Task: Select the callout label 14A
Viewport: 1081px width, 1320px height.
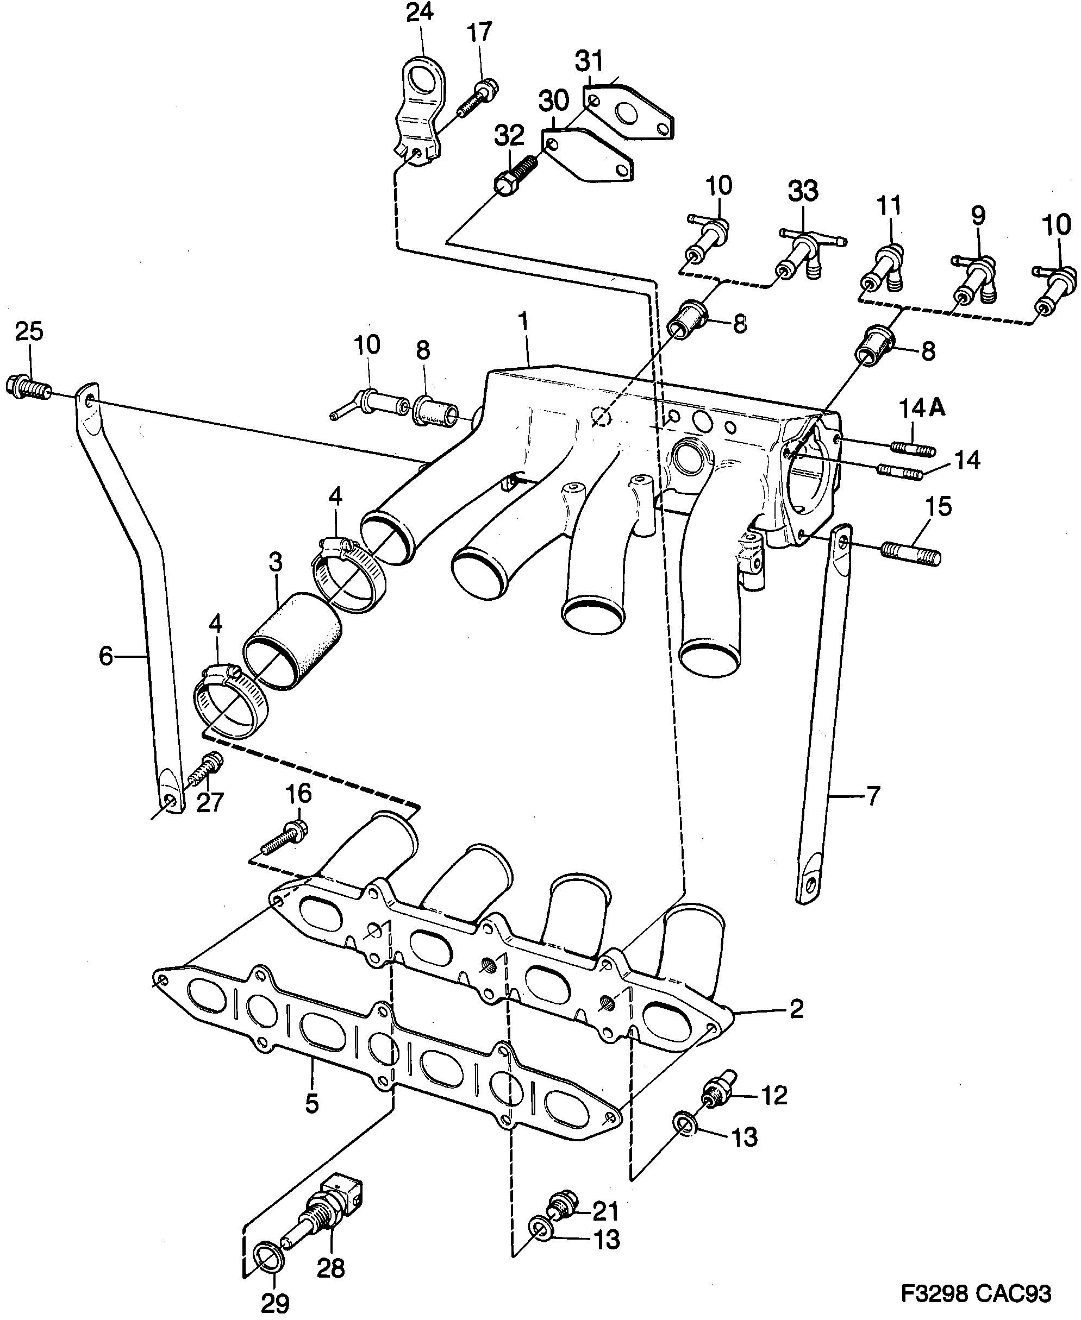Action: tap(922, 408)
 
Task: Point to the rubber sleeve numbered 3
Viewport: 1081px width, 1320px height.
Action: tap(292, 641)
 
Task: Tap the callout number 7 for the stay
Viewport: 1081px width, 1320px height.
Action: tap(873, 795)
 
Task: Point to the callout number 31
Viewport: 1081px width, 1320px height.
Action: tap(589, 61)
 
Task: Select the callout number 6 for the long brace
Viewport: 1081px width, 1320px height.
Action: tap(106, 655)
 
